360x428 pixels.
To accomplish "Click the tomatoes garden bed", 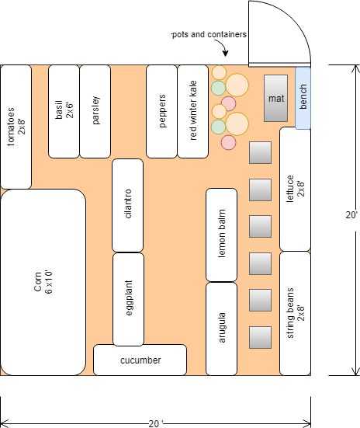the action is (16, 127).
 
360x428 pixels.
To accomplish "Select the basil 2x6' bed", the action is (64, 111).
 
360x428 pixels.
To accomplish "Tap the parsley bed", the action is (95, 111).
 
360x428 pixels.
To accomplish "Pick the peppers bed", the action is (161, 111).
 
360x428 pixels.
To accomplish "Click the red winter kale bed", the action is (193, 111).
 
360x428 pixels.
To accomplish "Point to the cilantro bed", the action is (128, 205).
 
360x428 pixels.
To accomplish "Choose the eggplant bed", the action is (128, 299).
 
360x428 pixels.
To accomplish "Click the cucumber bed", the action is (140, 360).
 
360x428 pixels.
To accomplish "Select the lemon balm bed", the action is (221, 235).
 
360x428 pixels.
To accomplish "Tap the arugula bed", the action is (221, 329).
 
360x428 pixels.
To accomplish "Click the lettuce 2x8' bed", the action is (295, 189).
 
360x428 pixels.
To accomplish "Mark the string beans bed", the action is (295, 313).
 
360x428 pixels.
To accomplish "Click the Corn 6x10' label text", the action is (43, 282).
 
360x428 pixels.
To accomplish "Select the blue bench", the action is (303, 98).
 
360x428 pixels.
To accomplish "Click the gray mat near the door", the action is (275, 99).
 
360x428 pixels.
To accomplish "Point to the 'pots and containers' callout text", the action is (209, 35).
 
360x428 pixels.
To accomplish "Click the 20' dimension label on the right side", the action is (351, 215).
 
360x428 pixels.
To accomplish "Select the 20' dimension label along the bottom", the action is (156, 423).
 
